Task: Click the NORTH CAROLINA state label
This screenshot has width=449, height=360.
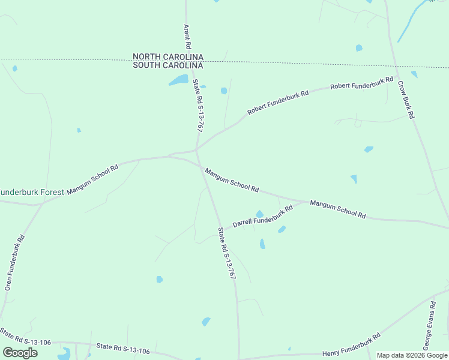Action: [167, 57]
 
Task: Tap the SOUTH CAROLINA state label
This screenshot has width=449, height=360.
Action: [167, 65]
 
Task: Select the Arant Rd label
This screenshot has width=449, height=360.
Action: [187, 37]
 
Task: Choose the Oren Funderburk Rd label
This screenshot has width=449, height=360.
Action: [15, 262]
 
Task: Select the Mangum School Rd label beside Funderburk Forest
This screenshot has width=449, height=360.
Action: [92, 179]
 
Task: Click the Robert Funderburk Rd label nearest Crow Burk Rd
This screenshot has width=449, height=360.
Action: [361, 84]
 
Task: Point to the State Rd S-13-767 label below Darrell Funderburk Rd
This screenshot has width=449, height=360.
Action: [226, 254]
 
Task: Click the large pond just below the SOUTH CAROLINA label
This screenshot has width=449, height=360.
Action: [178, 80]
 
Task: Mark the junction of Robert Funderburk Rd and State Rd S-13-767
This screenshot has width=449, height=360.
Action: [196, 149]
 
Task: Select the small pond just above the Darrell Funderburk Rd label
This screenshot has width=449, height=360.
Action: [259, 214]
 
